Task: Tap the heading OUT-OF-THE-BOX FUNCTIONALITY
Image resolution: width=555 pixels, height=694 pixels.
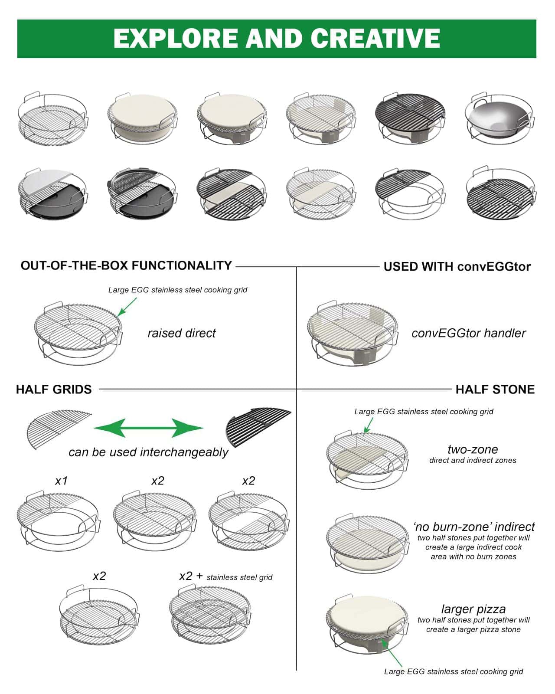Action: (126, 265)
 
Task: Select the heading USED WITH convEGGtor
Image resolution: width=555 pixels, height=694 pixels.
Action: (457, 267)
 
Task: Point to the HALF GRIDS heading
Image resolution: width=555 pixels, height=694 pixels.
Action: (54, 390)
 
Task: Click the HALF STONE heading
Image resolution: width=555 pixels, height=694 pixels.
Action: (495, 390)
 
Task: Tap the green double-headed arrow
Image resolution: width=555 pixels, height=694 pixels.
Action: (149, 428)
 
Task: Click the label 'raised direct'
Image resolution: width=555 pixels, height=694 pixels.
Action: (182, 333)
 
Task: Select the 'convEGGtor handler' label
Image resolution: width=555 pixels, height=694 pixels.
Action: (469, 333)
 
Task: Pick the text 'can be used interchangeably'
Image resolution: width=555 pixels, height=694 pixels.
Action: (148, 452)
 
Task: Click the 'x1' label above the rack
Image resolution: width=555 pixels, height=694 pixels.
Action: (61, 481)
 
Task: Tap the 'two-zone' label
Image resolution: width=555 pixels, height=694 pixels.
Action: (473, 449)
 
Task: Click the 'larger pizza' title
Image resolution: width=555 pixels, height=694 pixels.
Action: (473, 609)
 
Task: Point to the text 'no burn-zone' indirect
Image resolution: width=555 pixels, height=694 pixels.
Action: (474, 527)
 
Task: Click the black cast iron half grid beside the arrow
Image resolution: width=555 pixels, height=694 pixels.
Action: (258, 427)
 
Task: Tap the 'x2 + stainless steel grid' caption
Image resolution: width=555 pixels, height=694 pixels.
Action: (226, 576)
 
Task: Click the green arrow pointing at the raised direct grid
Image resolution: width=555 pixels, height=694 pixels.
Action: (127, 307)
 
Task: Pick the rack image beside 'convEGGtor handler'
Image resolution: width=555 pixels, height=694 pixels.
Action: (353, 334)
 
